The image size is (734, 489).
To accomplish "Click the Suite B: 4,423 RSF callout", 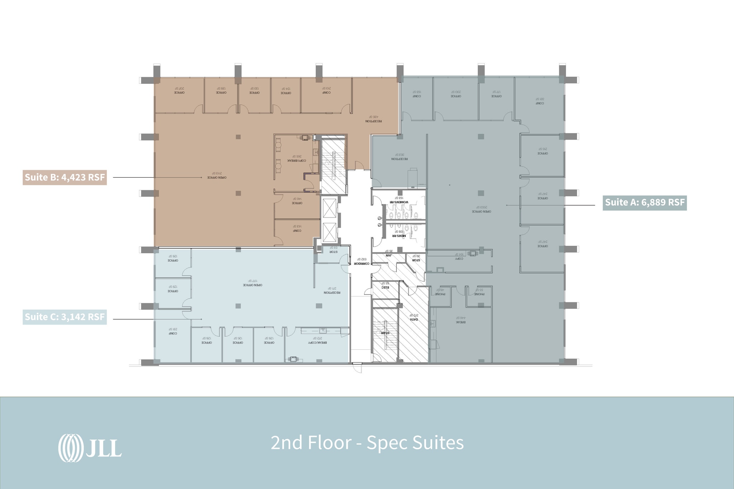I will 65,177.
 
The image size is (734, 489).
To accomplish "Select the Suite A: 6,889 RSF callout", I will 645,202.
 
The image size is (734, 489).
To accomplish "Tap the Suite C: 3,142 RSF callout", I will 65,317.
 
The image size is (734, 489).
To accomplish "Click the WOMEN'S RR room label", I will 399,202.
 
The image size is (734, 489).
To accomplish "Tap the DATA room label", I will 414,319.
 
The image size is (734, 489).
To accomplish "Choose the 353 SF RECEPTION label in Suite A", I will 400,158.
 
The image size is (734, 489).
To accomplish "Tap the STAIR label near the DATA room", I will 385,333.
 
